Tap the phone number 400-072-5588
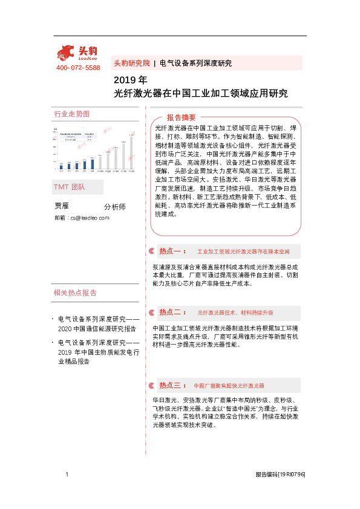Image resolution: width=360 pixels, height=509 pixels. tap(78, 68)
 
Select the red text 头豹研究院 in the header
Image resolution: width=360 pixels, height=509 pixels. tap(131, 63)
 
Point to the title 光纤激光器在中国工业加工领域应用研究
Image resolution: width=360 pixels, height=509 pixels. tap(201, 94)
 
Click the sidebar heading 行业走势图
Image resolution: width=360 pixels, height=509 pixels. tap(71, 114)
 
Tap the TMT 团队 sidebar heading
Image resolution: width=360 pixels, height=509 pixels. tap(70, 187)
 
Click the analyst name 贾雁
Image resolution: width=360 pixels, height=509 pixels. tap(62, 206)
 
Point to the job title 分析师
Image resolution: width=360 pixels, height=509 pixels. tap(115, 207)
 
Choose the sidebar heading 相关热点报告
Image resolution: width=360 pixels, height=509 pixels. tap(76, 293)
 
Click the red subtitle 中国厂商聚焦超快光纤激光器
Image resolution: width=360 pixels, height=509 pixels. tap(229, 386)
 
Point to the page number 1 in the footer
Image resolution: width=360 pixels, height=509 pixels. tap(66, 476)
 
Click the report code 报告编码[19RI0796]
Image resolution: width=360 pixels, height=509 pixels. tap(280, 476)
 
